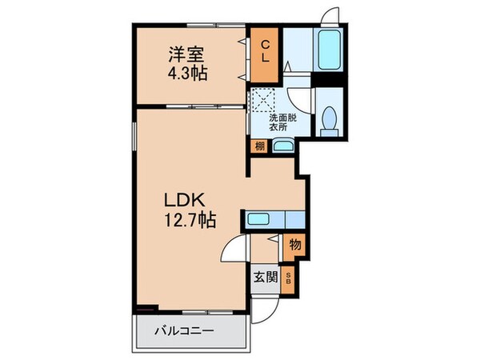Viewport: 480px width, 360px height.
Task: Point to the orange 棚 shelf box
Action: tap(259, 146)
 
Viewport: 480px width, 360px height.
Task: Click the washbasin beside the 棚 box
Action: tap(282, 146)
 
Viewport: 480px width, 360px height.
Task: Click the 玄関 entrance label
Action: tap(266, 278)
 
